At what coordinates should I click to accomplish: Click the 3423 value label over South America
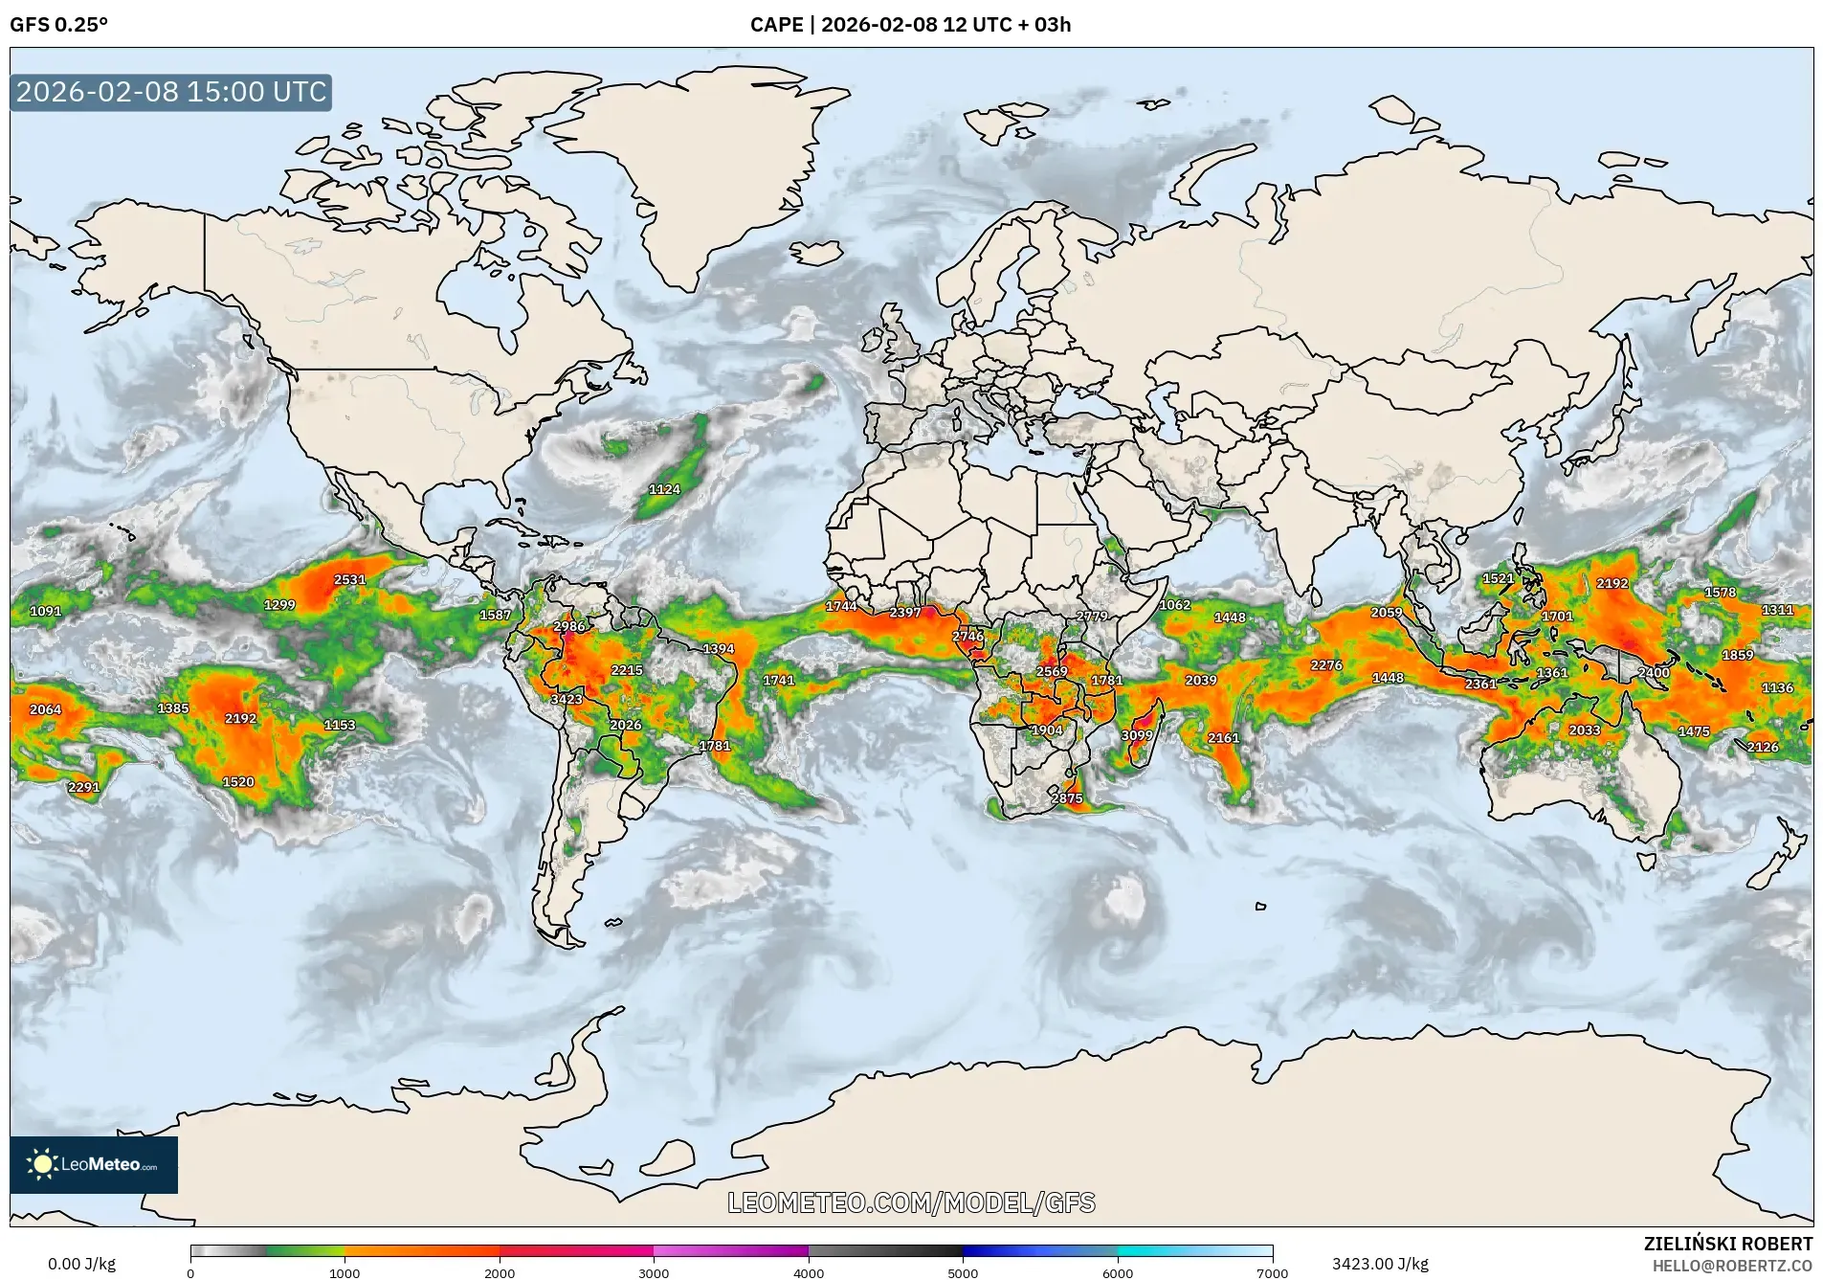tap(566, 699)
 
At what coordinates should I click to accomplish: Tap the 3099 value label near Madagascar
tap(1136, 735)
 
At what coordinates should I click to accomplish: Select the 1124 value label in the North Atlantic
tap(664, 489)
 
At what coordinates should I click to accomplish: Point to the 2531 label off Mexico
tap(349, 579)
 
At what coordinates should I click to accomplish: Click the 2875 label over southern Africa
tap(1066, 797)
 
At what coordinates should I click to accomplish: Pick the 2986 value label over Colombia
tap(568, 626)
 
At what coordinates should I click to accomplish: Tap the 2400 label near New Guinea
tap(1653, 673)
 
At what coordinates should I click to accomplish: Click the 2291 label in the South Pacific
tap(83, 787)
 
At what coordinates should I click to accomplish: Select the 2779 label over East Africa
tap(1091, 616)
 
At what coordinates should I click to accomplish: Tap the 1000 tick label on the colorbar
tap(345, 1273)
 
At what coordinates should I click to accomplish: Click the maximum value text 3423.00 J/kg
tap(1379, 1264)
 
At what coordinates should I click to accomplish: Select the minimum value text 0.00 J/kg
tap(81, 1264)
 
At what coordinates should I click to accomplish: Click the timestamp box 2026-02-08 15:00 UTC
tap(171, 92)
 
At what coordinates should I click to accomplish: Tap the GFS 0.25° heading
tap(58, 25)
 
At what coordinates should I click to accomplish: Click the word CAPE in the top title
tap(776, 25)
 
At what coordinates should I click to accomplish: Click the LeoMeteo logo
tap(93, 1164)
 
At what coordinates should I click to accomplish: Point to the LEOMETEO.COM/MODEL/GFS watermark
tap(911, 1202)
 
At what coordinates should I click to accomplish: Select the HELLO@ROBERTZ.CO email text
tap(1732, 1266)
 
